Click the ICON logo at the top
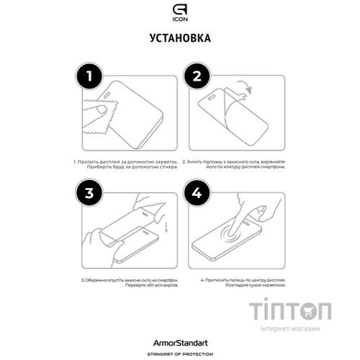[180, 12]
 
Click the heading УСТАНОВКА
[180, 37]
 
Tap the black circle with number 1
[89, 76]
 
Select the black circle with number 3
[89, 194]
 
